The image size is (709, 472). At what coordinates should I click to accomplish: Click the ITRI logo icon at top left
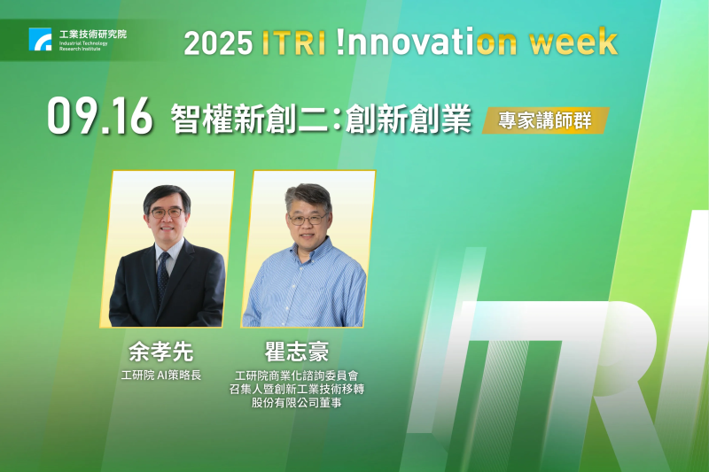tap(40, 39)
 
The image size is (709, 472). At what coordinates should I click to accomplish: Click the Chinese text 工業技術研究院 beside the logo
tap(92, 33)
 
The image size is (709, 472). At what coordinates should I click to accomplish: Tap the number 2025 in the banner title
tap(216, 43)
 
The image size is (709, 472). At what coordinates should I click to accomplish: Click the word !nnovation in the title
tap(420, 43)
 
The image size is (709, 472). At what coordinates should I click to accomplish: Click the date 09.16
tap(99, 119)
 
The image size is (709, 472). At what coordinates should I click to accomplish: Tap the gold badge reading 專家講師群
tap(545, 120)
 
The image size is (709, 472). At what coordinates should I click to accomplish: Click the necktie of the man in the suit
tap(163, 274)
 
